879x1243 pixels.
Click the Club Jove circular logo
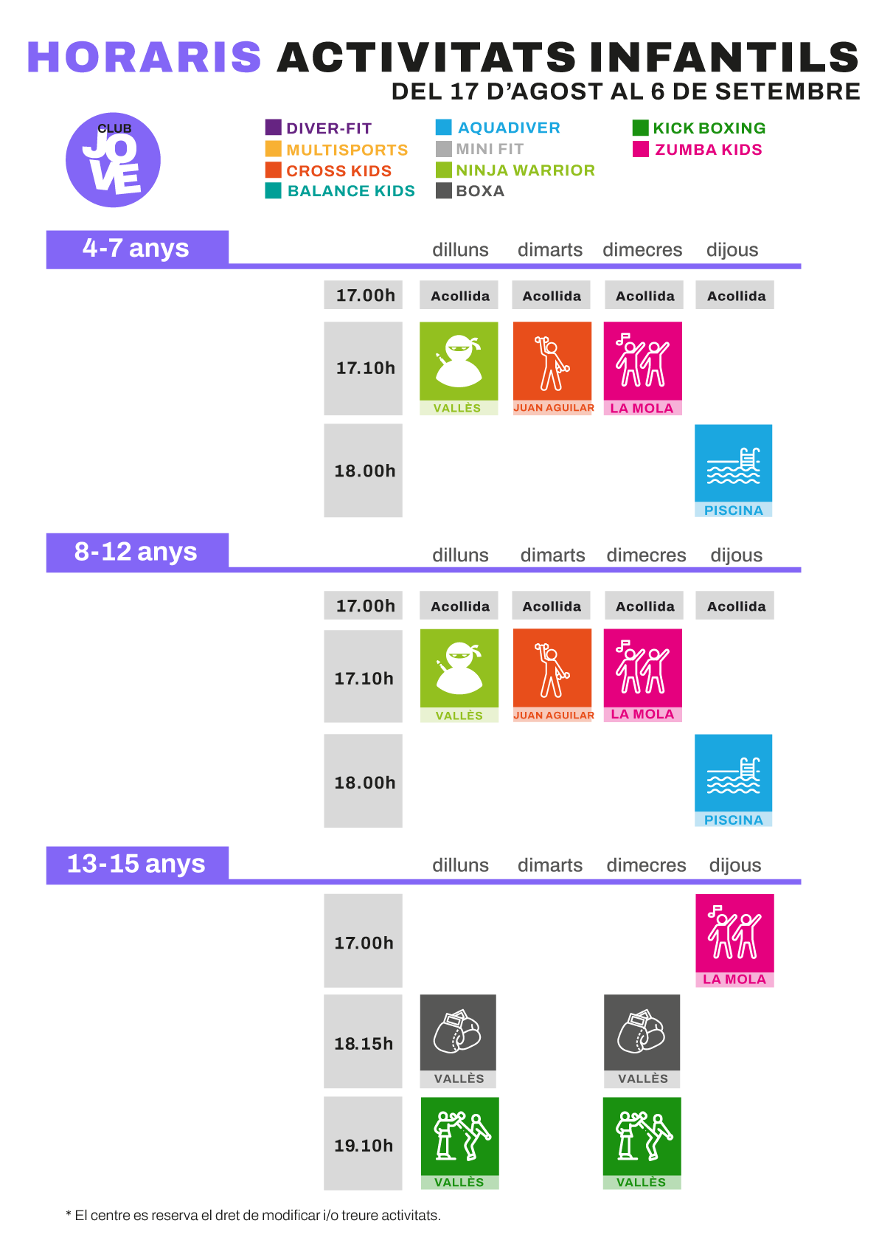click(x=113, y=160)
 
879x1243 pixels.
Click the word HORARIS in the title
click(x=145, y=57)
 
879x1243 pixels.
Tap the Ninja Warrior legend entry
click(x=515, y=170)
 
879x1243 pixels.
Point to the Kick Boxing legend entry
click(x=699, y=128)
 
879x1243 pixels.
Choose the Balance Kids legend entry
click(x=340, y=190)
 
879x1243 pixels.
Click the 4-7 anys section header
click(x=137, y=249)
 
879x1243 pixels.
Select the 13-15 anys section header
click(x=137, y=864)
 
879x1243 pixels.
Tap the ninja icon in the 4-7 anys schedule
click(x=459, y=361)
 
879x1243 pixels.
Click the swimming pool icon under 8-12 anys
click(x=733, y=773)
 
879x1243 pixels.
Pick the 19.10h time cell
click(x=364, y=1145)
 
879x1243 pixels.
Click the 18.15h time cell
click(x=364, y=1042)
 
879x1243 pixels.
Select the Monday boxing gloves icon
click(x=458, y=1032)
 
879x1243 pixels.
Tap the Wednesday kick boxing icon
click(x=642, y=1136)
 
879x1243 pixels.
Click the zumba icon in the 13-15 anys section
click(x=734, y=933)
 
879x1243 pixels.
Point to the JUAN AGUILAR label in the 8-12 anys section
click(x=554, y=716)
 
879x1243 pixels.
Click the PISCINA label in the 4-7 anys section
click(x=733, y=510)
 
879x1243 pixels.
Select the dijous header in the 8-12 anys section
click(x=737, y=555)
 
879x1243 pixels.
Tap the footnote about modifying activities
click(x=253, y=1215)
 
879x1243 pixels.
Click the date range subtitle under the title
click(x=625, y=91)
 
